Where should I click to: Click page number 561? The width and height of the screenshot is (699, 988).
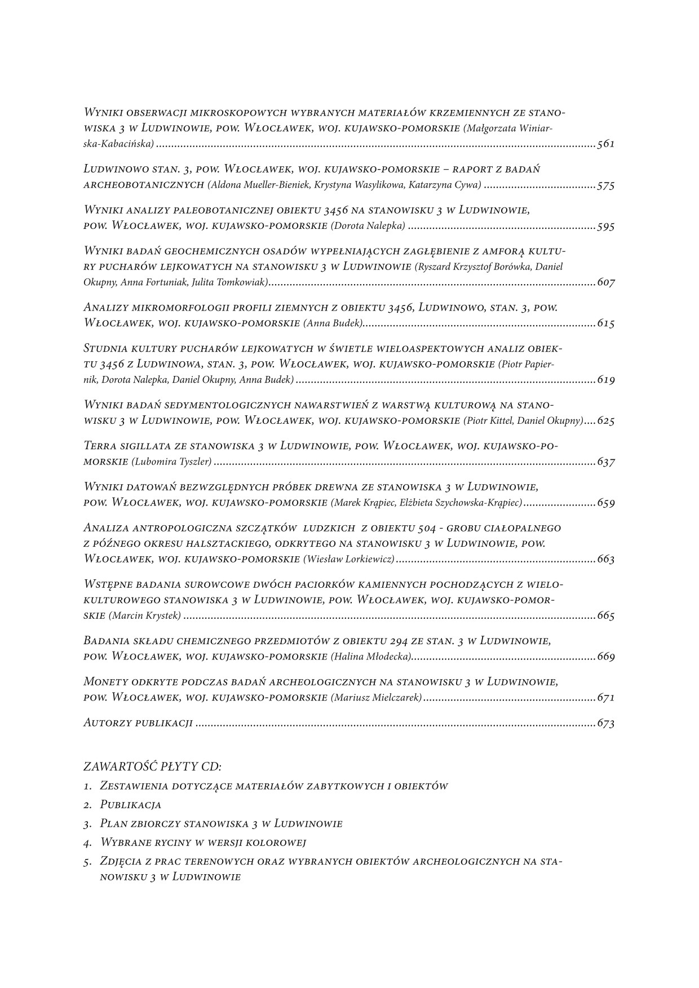tap(606, 144)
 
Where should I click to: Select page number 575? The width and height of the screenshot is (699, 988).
tap(606, 185)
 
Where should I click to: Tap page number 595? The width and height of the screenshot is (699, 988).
tap(606, 227)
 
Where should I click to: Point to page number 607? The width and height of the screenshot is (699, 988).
tap(606, 282)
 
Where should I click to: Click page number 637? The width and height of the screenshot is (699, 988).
tap(606, 462)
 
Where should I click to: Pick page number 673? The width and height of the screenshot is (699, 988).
tap(606, 723)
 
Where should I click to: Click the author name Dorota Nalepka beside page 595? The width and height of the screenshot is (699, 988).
tap(368, 227)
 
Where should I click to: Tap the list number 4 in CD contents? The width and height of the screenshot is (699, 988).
tap(87, 843)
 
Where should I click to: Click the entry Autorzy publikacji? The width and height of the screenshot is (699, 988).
tap(138, 723)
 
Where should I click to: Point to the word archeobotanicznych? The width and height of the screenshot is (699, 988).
tap(143, 185)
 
